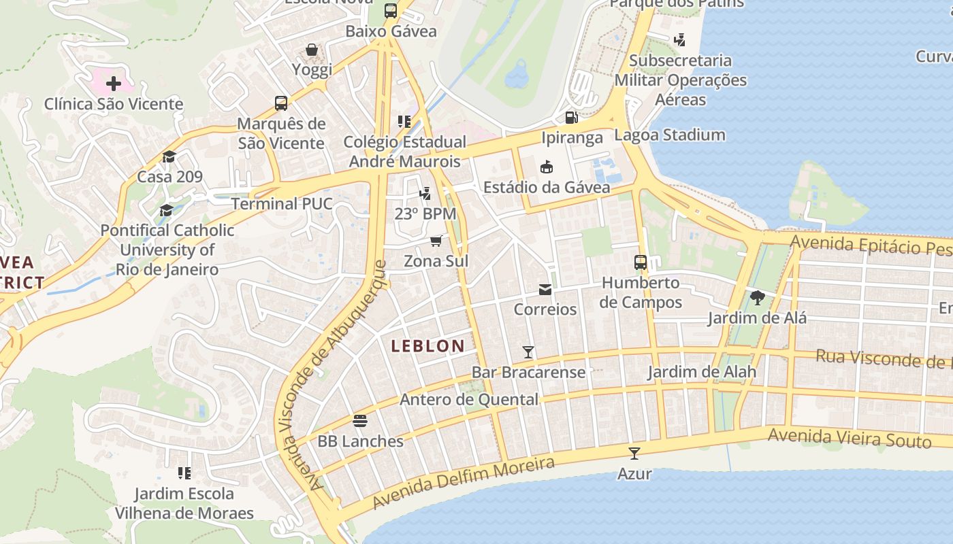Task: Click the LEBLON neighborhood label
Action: click(x=427, y=345)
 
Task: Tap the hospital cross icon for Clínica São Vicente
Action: click(x=114, y=84)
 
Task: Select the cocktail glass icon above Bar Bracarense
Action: click(x=528, y=352)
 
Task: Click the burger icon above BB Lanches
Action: click(x=360, y=421)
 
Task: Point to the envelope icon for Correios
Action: click(x=545, y=290)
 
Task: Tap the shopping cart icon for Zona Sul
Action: click(x=436, y=241)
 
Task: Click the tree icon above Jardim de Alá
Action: click(x=757, y=297)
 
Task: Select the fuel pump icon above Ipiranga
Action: click(x=572, y=118)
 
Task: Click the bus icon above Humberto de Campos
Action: click(x=640, y=262)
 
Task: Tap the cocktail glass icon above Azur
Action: click(x=634, y=453)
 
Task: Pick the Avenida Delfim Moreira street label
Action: click(x=464, y=483)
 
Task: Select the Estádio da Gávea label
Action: click(x=546, y=187)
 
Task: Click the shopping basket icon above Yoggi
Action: click(x=312, y=50)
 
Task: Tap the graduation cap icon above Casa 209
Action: click(x=169, y=157)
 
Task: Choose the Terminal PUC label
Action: click(x=282, y=203)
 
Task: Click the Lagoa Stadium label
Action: click(x=670, y=135)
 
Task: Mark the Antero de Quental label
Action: click(x=468, y=399)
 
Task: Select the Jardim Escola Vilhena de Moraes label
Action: click(x=184, y=503)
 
